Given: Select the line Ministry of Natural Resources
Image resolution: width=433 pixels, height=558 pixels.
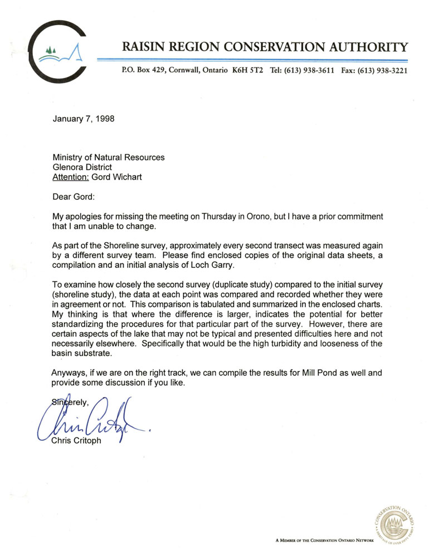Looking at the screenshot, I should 109,157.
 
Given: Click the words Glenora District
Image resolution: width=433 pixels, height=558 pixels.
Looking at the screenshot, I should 82,167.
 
